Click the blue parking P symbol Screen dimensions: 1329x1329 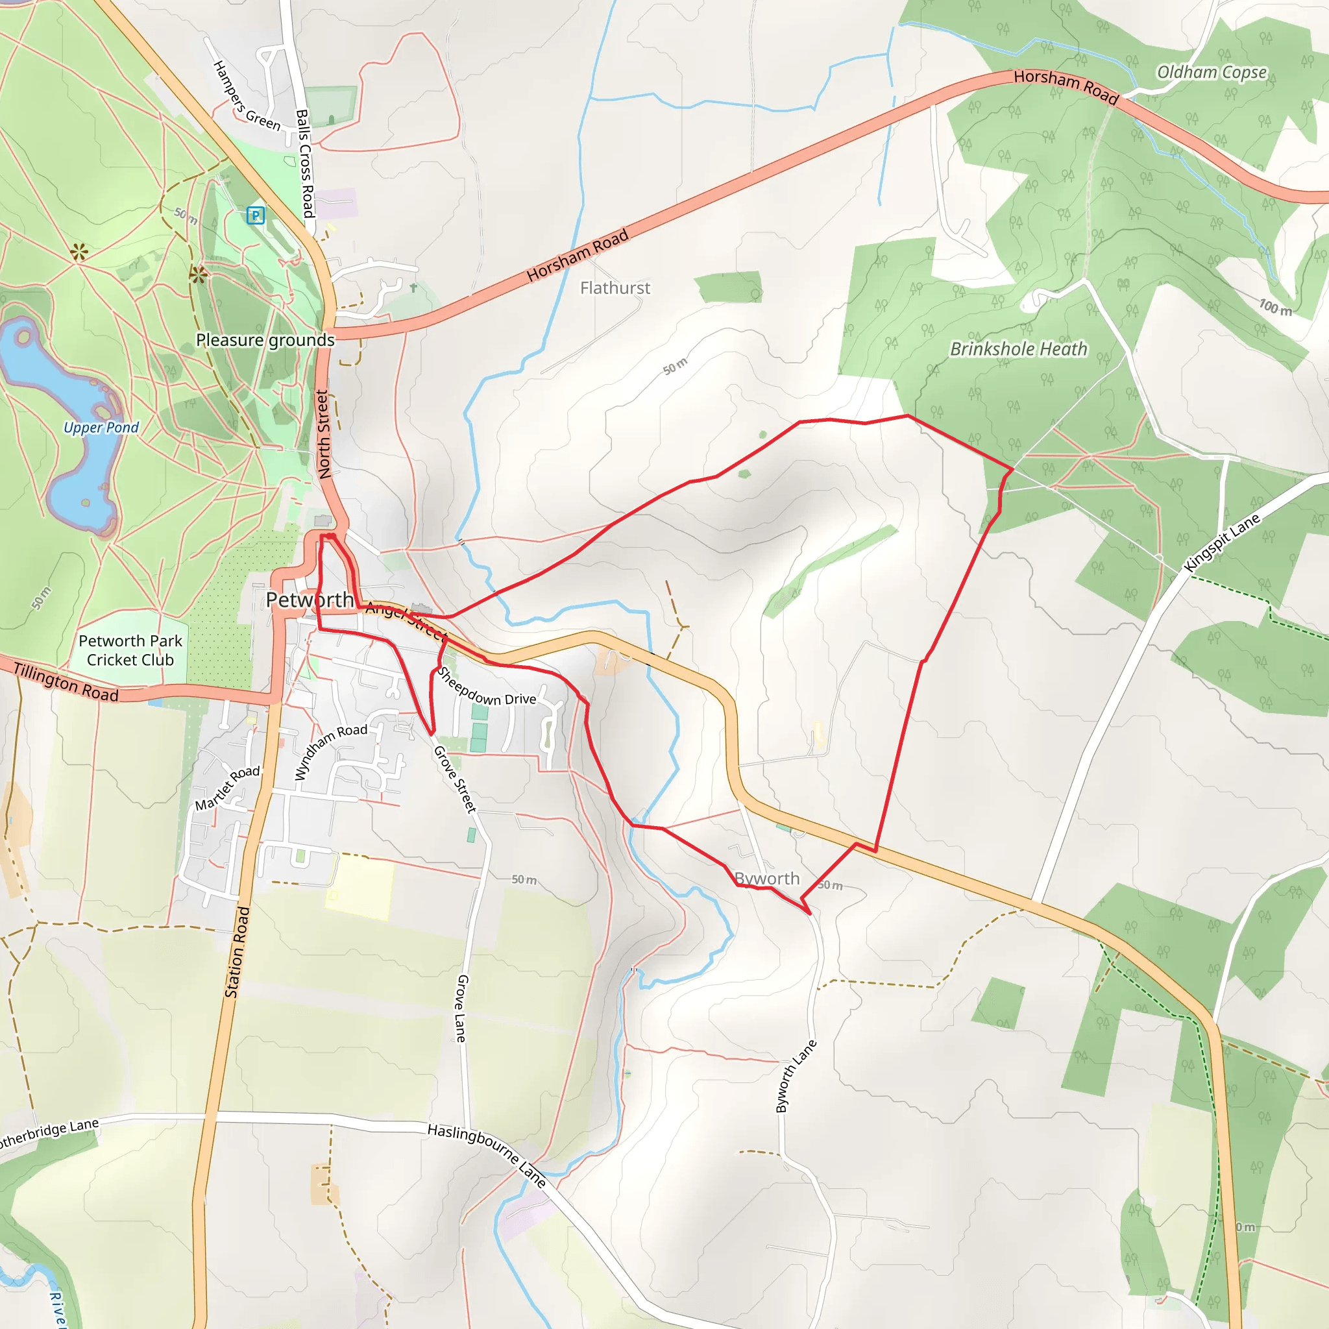click(x=255, y=215)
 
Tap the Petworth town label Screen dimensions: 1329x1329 click(x=310, y=600)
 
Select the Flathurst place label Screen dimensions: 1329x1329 click(x=615, y=288)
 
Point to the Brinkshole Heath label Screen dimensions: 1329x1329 click(x=1018, y=350)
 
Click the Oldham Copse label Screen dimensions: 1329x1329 click(x=1212, y=72)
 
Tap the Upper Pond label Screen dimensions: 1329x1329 click(x=101, y=428)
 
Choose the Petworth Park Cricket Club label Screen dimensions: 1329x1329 click(x=130, y=650)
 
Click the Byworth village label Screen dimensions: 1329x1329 click(x=767, y=879)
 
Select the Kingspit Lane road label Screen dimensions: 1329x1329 click(x=1222, y=543)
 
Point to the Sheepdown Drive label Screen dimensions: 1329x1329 click(x=485, y=687)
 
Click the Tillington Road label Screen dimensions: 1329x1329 click(x=66, y=682)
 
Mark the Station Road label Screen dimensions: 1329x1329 click(x=238, y=952)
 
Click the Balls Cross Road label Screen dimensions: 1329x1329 click(x=305, y=164)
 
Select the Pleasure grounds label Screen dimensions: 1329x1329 click(x=265, y=341)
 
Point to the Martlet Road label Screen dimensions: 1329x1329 click(x=228, y=788)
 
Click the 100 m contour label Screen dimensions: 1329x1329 click(x=1274, y=308)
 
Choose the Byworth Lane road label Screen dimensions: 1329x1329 click(x=796, y=1076)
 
